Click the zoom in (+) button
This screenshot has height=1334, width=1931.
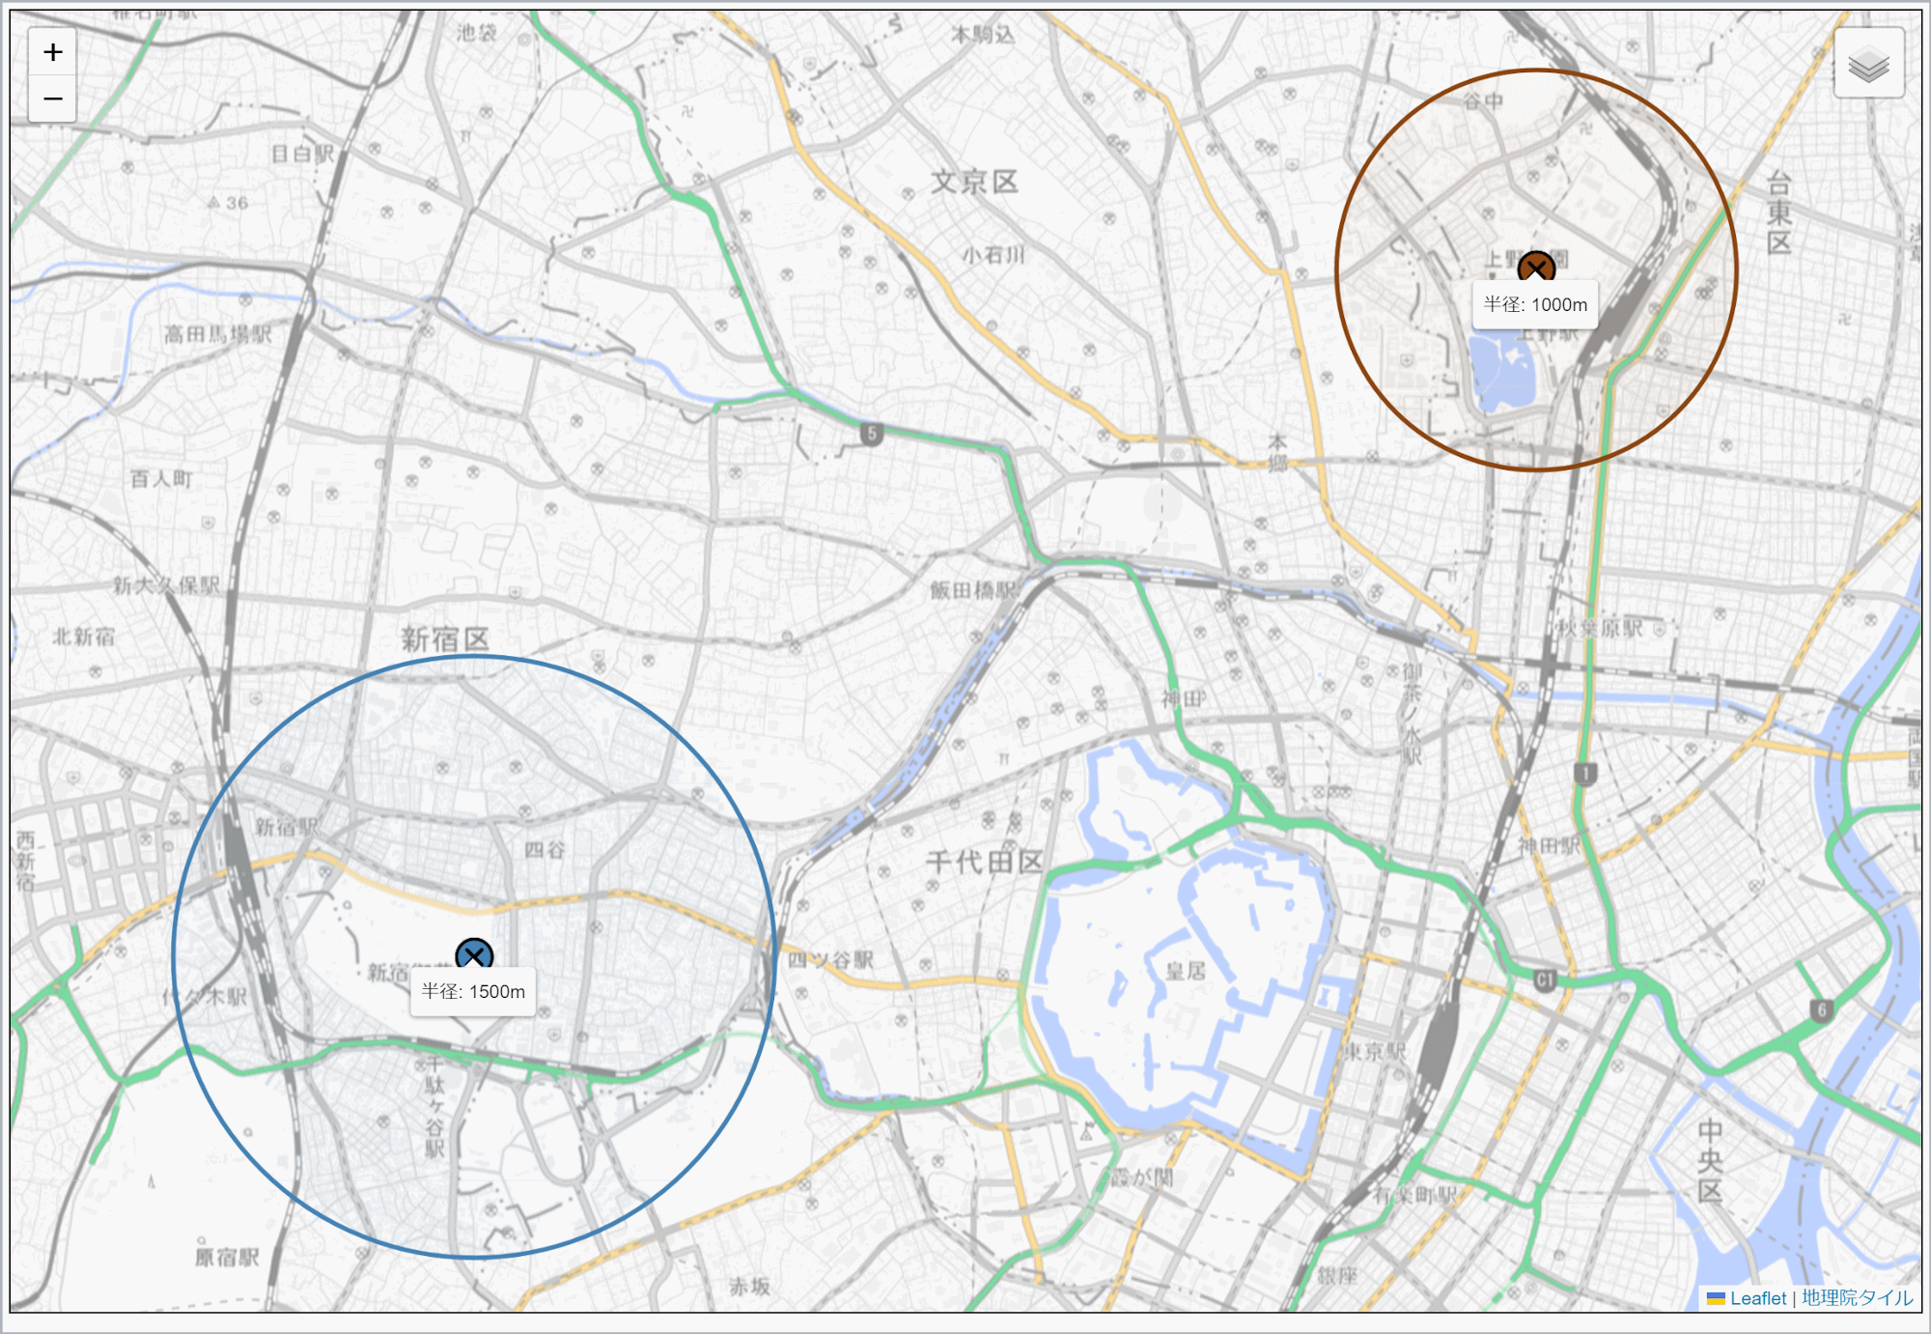52,52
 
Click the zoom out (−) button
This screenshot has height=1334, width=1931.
52,99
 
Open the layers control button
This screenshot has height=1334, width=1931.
1868,64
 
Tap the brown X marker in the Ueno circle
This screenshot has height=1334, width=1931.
1535,267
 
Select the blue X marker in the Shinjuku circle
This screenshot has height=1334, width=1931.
474,955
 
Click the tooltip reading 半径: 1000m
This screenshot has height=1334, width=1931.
1535,304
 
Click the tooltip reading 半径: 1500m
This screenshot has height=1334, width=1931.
473,991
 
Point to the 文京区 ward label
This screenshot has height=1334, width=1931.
974,182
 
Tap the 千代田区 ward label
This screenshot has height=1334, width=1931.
984,862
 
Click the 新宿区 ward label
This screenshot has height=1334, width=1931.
445,639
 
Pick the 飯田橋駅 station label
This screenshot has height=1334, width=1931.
973,589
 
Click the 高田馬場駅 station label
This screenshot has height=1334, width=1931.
217,334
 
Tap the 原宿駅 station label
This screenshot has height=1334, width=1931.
227,1257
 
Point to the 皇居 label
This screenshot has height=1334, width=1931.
1185,970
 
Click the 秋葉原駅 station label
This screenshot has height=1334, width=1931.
1600,628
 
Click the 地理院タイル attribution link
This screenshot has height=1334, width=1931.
1857,1298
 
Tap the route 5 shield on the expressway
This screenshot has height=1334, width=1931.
872,434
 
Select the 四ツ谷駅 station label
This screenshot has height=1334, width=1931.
830,959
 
